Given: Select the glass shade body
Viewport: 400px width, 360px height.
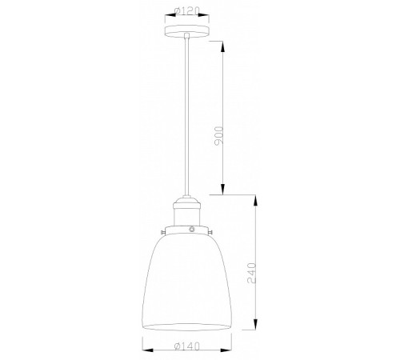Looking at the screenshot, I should click(190, 280).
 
